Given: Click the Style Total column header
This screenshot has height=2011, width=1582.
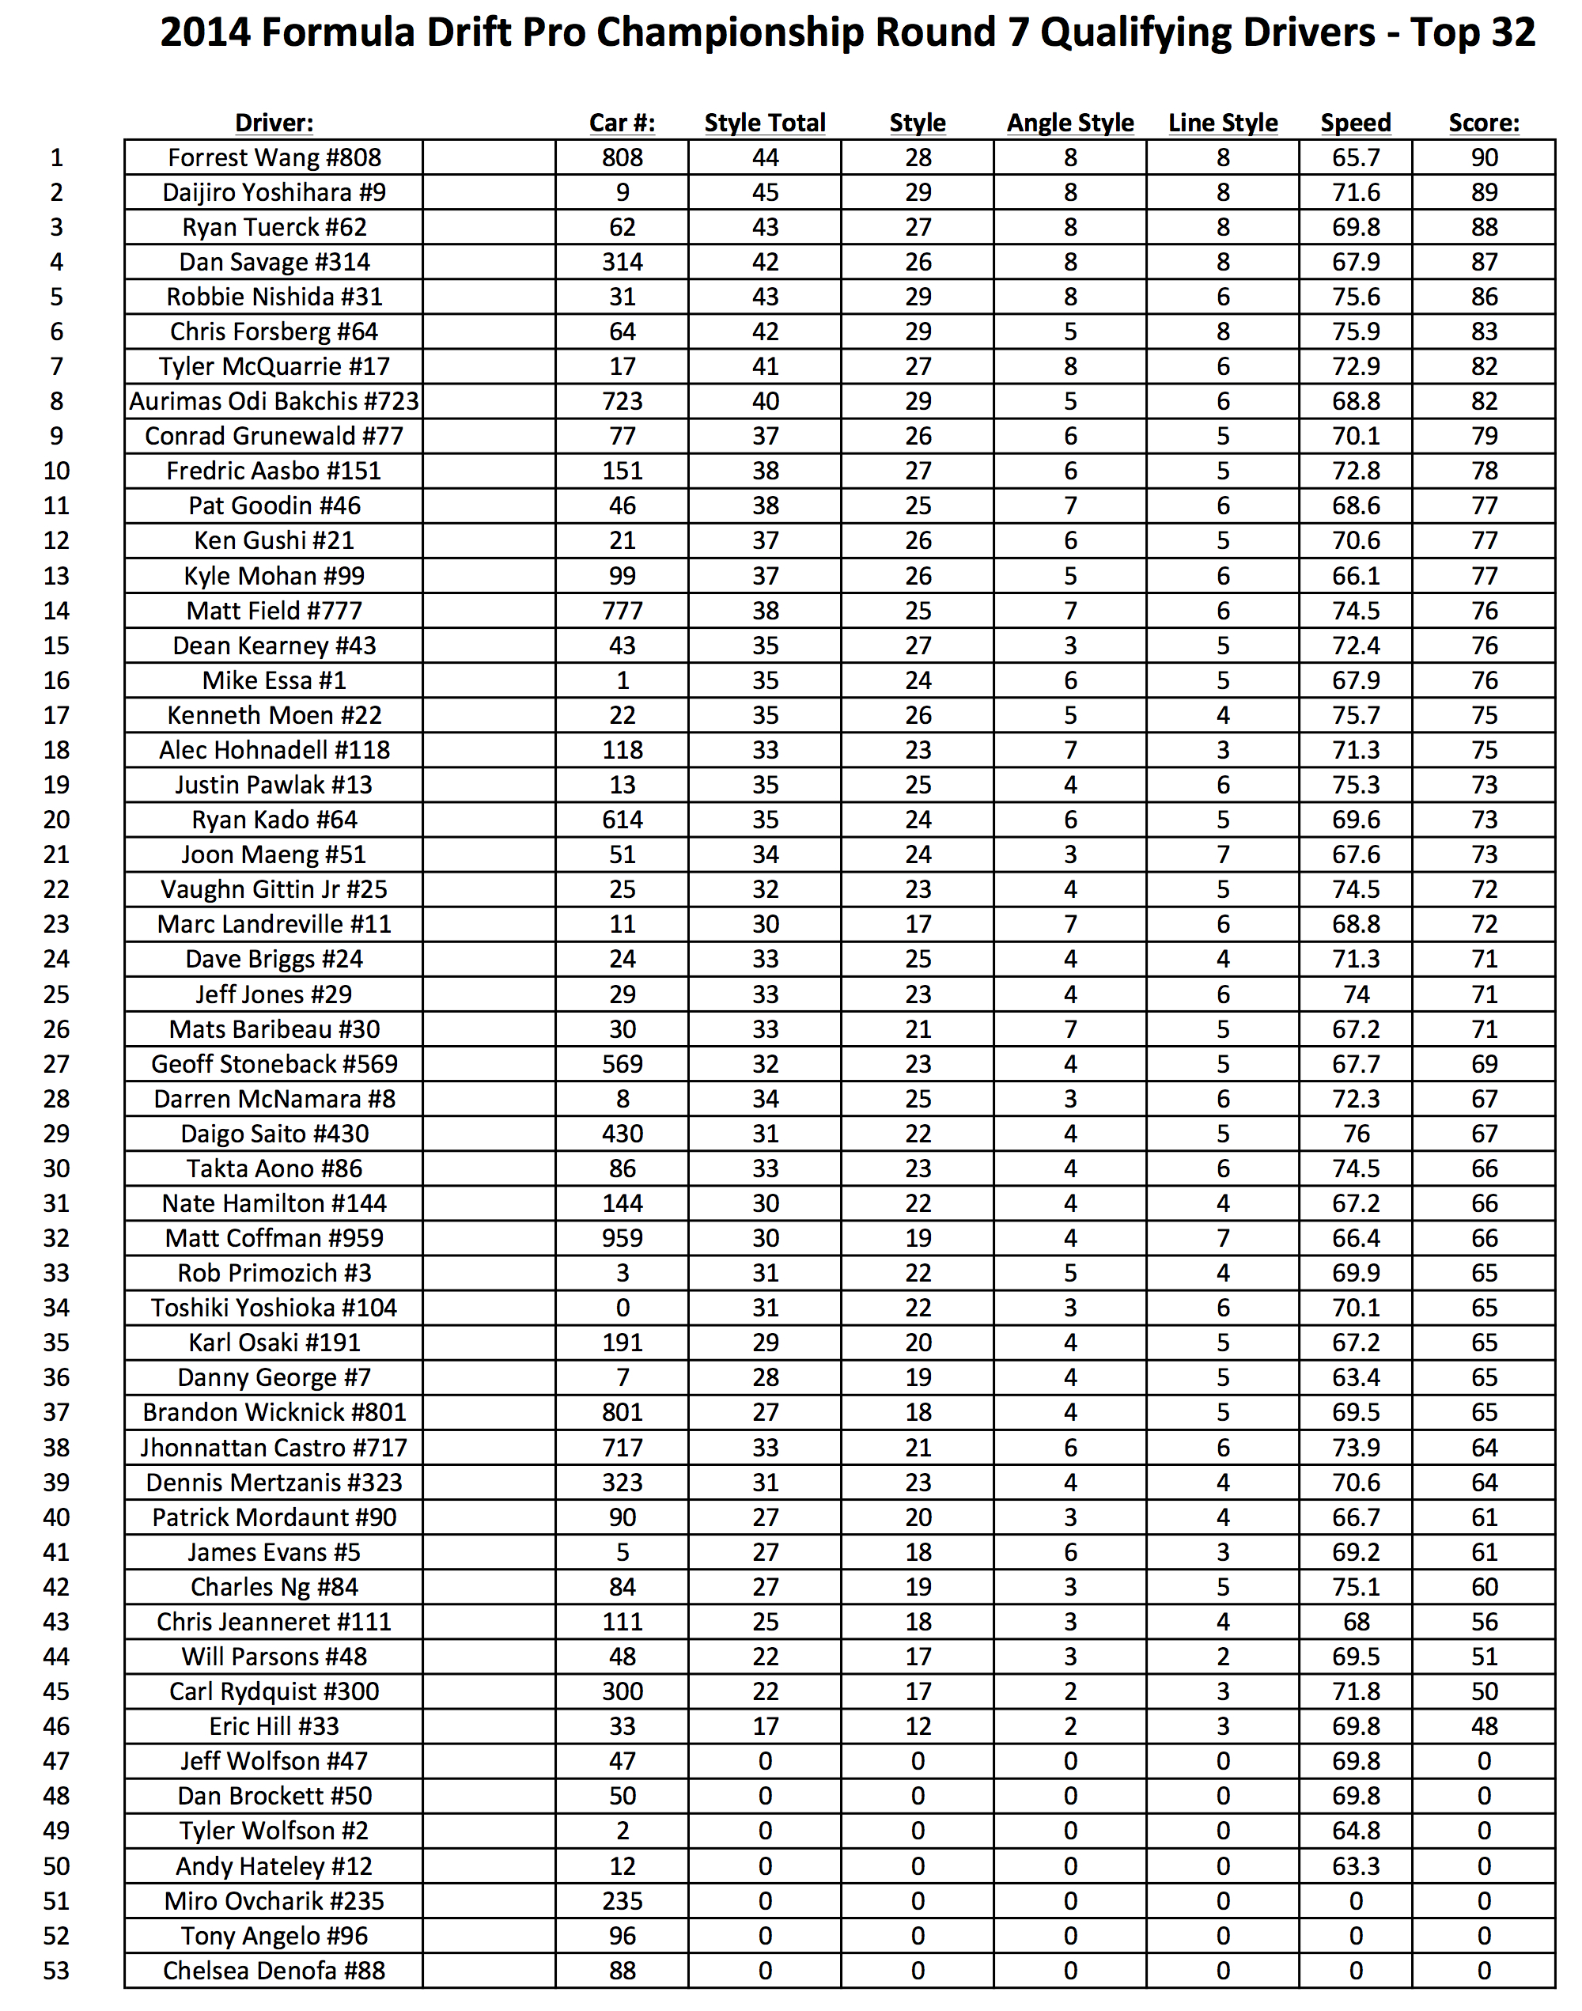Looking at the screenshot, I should pos(764,123).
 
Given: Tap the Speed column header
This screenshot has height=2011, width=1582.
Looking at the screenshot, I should pos(1355,123).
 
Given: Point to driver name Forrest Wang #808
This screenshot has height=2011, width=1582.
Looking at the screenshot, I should pos(274,157).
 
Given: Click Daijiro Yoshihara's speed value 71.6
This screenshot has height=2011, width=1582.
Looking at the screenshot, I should pos(1355,193).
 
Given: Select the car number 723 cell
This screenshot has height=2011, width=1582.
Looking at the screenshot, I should pos(622,401).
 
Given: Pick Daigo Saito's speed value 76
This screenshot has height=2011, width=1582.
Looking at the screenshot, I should pos(1355,1134).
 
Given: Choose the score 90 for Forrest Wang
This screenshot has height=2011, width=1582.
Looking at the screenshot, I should pos(1484,157).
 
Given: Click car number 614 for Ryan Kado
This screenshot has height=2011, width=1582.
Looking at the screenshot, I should pos(622,820).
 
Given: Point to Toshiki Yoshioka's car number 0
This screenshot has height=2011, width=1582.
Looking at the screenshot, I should pos(622,1308).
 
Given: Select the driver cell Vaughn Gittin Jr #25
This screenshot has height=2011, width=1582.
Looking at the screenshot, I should pos(274,889).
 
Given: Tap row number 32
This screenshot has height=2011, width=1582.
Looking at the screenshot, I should pos(56,1238).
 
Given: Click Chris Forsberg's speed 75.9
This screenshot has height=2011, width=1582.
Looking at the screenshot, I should pos(1355,331).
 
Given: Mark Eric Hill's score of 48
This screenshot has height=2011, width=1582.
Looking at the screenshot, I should pos(1484,1727).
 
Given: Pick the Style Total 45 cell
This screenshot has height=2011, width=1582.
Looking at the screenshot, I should pos(764,193).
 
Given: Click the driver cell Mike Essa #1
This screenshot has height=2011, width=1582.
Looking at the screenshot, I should pos(274,681).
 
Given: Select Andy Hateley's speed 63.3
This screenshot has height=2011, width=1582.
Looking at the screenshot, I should pos(1355,1866).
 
